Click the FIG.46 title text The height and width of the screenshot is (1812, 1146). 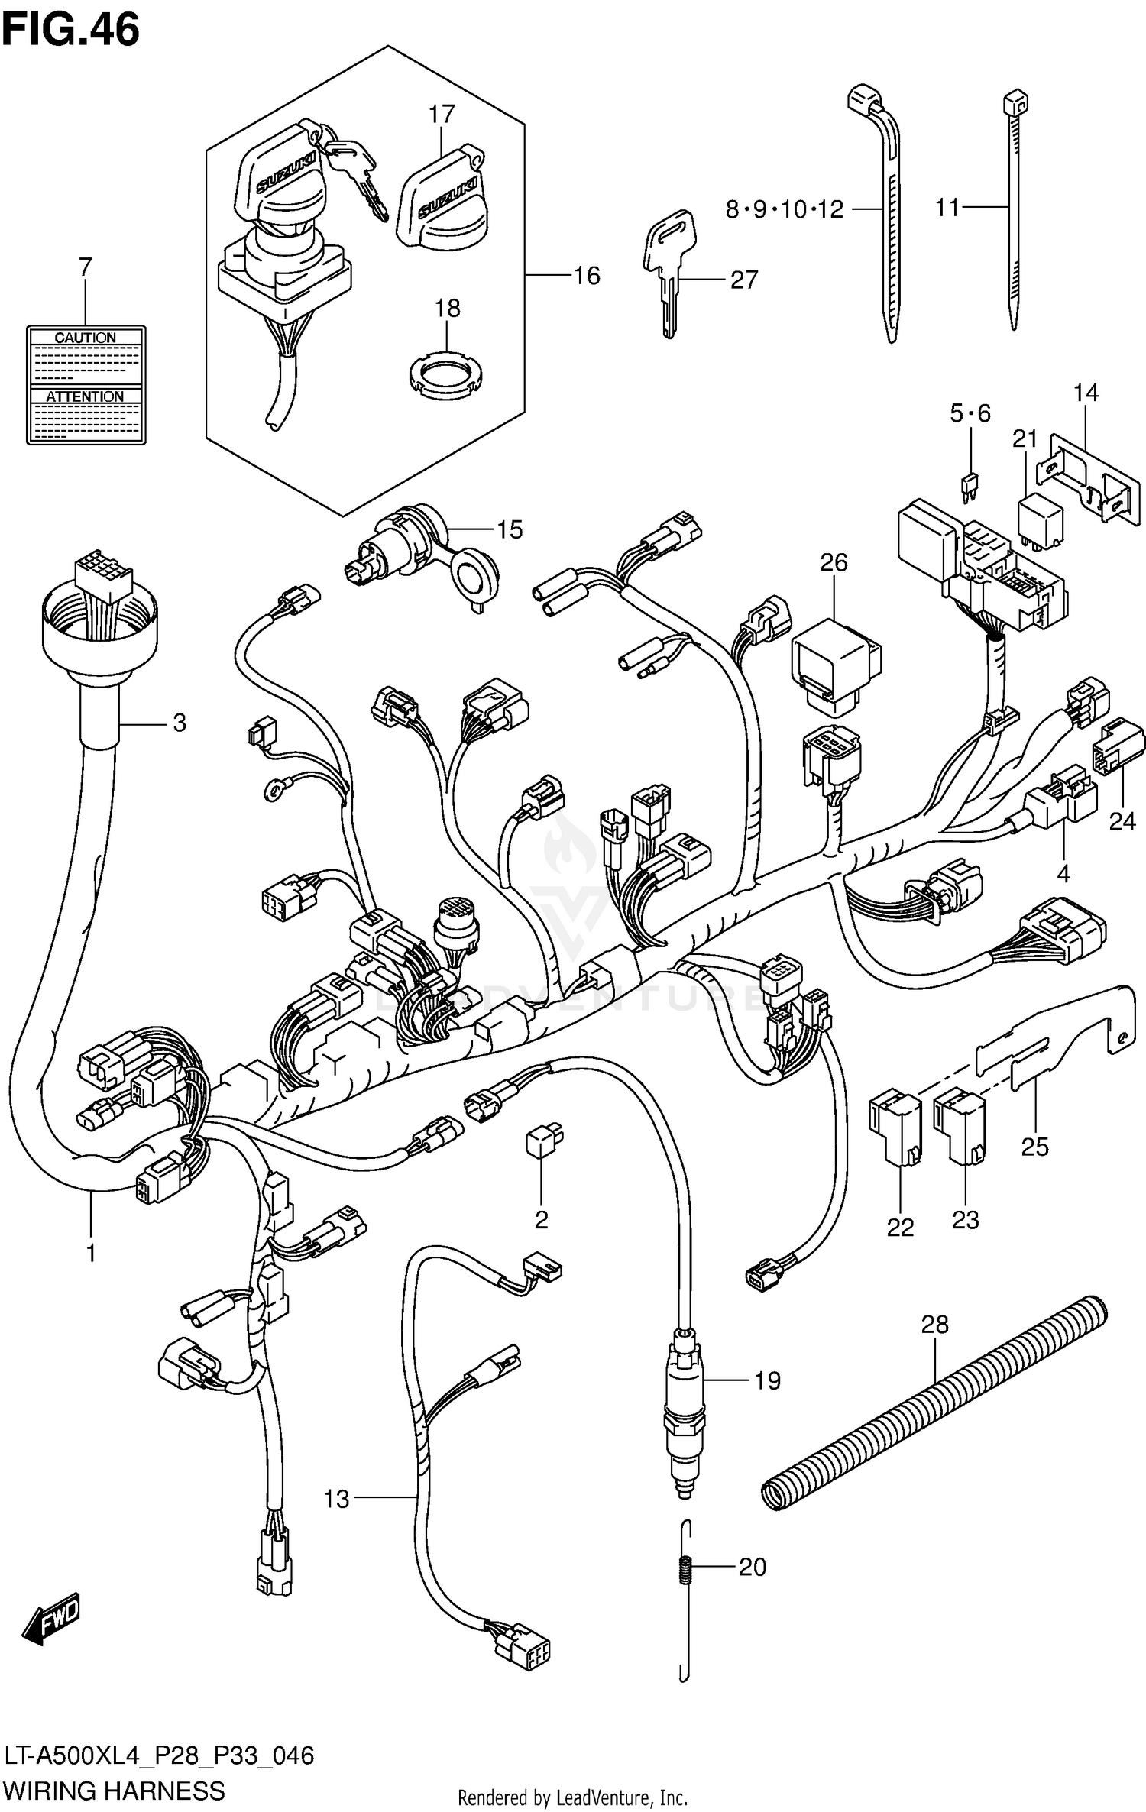pos(71,31)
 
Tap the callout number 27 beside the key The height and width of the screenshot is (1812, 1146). pos(743,280)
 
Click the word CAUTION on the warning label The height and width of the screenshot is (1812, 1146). pos(85,338)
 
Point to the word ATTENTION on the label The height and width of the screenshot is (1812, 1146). pos(85,396)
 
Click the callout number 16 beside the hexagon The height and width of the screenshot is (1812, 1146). pos(586,276)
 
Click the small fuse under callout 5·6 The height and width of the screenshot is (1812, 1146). pos(970,486)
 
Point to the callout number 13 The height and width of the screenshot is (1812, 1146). pos(336,1499)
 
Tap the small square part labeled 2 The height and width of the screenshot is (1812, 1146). pos(542,1143)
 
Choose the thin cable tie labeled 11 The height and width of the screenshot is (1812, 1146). pos(1015,214)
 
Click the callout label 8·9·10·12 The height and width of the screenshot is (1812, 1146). pos(784,209)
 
